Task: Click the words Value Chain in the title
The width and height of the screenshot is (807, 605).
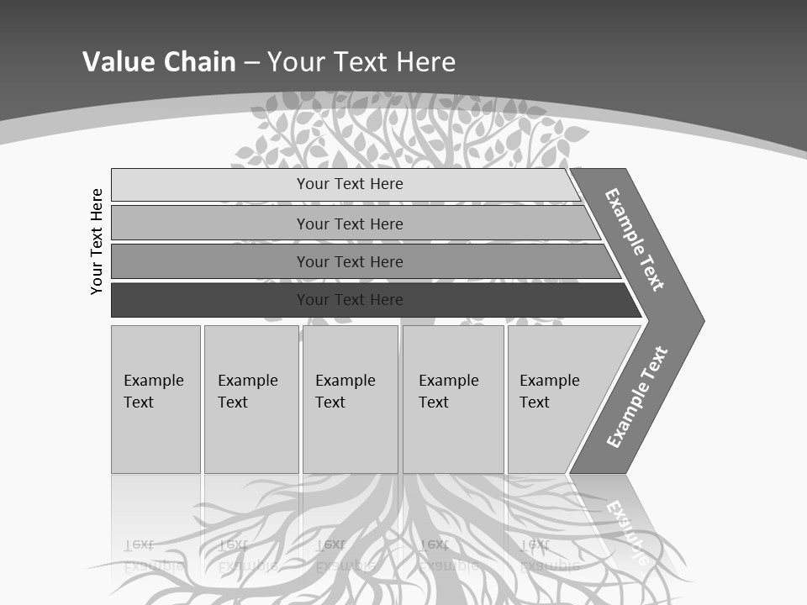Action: click(159, 62)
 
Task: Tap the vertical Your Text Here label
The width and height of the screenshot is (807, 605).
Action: click(97, 241)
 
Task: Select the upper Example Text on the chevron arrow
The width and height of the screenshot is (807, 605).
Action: click(635, 239)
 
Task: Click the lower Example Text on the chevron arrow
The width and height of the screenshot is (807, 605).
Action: click(636, 397)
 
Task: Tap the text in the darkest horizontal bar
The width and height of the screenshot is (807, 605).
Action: click(350, 300)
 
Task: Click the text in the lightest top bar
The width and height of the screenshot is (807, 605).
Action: click(350, 184)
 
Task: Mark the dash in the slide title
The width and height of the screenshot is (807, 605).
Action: click(251, 63)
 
